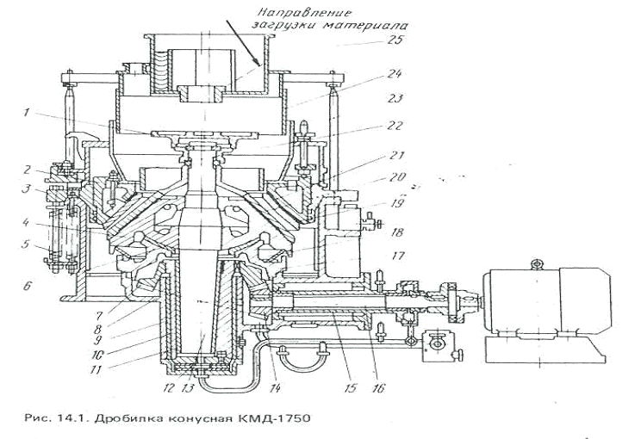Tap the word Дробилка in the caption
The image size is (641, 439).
[x=121, y=419]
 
